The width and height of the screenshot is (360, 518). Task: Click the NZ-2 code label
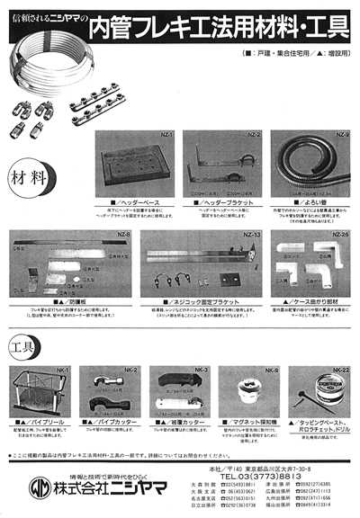(253, 134)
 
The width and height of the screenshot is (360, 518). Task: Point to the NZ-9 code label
(333, 134)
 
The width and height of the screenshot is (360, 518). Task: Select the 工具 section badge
(26, 345)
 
